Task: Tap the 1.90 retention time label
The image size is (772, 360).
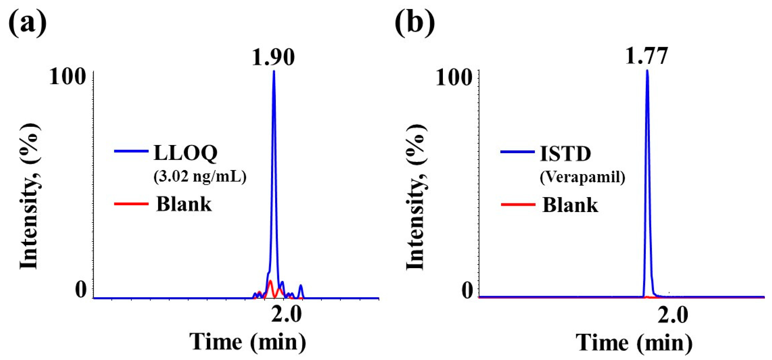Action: pyautogui.click(x=273, y=57)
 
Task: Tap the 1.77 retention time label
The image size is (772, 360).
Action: pyautogui.click(x=647, y=56)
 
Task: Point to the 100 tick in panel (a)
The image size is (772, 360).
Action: pyautogui.click(x=67, y=77)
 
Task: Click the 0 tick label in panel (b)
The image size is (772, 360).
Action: pyautogui.click(x=467, y=290)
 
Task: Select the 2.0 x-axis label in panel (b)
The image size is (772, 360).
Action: pyautogui.click(x=672, y=315)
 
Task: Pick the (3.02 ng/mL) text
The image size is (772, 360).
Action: pyautogui.click(x=200, y=177)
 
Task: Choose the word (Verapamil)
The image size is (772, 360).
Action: pyautogui.click(x=582, y=178)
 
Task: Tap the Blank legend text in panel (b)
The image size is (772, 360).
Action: pyautogui.click(x=570, y=205)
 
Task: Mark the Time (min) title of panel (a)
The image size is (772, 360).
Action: pyautogui.click(x=248, y=341)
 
